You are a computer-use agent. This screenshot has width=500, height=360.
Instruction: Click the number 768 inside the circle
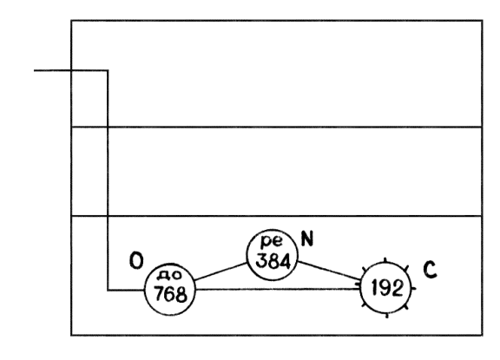coord(170,294)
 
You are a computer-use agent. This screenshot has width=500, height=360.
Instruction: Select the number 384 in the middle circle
coord(273,261)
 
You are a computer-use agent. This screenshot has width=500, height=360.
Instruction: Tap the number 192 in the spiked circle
coord(387,289)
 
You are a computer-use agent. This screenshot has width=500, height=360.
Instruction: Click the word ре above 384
coord(272,241)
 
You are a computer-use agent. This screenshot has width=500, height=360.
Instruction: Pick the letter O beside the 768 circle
coord(136,260)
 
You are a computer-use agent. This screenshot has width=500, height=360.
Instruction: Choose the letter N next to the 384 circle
coord(307,239)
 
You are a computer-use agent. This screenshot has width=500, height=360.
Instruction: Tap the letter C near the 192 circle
coord(430,270)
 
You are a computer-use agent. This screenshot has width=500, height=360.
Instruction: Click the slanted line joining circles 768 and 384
coord(221,272)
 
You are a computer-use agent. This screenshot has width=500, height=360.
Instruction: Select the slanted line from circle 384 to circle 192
coord(329,271)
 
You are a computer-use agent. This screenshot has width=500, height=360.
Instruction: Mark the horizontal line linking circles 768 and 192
coord(278,289)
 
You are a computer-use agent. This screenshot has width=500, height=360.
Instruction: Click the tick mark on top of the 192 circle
coord(385,260)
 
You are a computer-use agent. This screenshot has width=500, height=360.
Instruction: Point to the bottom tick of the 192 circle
coord(387,316)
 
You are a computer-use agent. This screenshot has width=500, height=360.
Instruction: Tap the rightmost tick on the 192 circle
coord(413,289)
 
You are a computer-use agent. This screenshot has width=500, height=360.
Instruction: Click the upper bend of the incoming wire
coord(108,70)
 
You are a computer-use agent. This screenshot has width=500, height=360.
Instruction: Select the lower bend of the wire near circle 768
coord(108,291)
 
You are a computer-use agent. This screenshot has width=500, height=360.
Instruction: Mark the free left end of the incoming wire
coord(35,70)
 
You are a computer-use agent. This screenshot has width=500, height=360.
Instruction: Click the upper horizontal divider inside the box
coord(276,128)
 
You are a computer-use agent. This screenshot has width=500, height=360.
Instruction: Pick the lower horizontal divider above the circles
coord(276,216)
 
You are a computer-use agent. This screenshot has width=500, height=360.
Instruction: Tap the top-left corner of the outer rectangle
coord(71,21)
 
